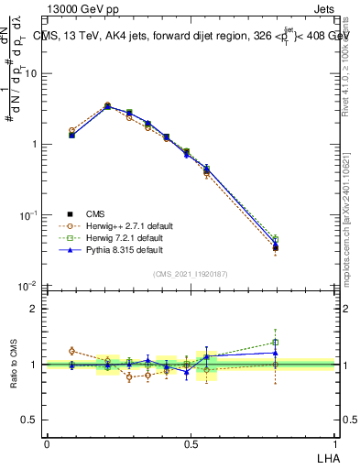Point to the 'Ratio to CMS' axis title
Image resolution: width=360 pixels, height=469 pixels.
(14, 365)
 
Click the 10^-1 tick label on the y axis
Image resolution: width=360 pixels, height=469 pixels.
(29, 215)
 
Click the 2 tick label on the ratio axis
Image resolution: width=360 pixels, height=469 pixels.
(36, 309)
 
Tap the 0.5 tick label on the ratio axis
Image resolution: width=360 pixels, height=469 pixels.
(32, 420)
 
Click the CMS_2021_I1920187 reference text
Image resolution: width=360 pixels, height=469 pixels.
(191, 273)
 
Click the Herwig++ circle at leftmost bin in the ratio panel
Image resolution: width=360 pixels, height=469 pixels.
(72, 351)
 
